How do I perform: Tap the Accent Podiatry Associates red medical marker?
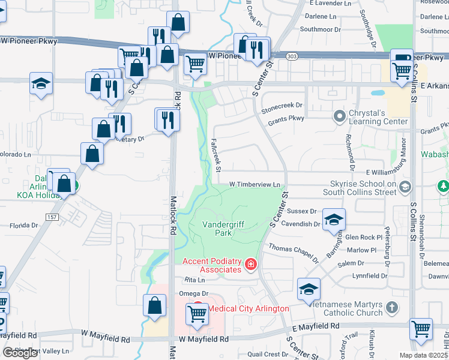250,265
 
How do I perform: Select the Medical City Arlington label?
249,308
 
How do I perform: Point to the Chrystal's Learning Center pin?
340,115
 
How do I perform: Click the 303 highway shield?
292,56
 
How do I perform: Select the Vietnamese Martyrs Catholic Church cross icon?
391,308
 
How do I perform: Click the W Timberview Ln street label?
255,184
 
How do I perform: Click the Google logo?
20,353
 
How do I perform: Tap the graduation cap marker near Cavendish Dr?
334,220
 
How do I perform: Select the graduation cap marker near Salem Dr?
309,289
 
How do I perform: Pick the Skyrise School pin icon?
405,187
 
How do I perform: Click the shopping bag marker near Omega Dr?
155,305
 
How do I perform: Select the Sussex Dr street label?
302,211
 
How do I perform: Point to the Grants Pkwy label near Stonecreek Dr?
287,119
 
